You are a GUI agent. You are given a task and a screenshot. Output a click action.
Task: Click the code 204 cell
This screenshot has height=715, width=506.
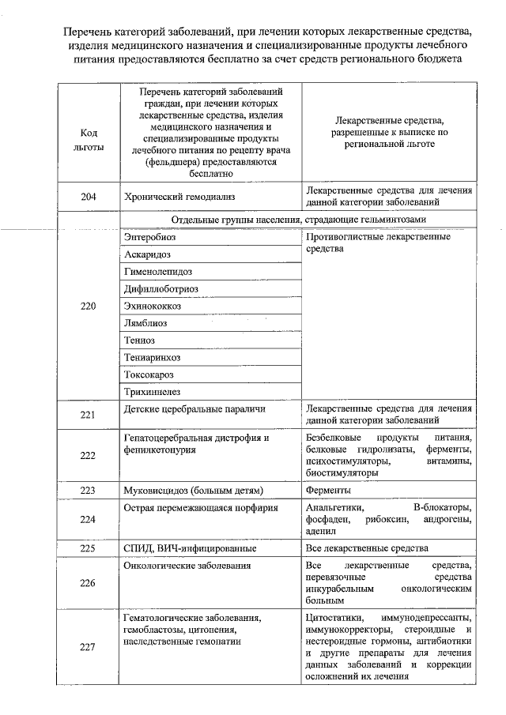pyautogui.click(x=88, y=197)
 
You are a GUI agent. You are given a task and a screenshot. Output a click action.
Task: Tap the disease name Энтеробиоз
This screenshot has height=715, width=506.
pyautogui.click(x=150, y=237)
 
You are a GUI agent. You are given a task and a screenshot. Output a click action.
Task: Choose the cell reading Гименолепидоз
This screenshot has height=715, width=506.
pyautogui.click(x=157, y=272)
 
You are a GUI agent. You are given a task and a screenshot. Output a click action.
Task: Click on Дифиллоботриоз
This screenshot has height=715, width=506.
pyautogui.click(x=161, y=289)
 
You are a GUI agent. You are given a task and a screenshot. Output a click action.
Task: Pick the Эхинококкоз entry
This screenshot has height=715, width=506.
pyautogui.click(x=153, y=307)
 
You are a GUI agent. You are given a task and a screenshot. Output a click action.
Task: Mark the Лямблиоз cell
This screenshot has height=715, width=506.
pyautogui.click(x=145, y=324)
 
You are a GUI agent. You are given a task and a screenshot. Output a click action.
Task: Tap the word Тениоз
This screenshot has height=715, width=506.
pyautogui.click(x=140, y=341)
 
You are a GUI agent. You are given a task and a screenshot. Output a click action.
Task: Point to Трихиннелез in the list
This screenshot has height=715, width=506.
pyautogui.click(x=152, y=392)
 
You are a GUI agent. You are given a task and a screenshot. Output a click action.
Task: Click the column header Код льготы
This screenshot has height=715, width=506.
pyautogui.click(x=88, y=139)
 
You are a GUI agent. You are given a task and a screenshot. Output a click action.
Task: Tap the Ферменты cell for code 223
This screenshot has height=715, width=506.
pyautogui.click(x=328, y=491)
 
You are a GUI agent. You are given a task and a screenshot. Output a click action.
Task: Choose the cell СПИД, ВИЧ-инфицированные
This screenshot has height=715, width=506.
pyautogui.click(x=190, y=548)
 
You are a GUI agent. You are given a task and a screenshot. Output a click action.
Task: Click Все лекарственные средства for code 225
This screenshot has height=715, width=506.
pyautogui.click(x=367, y=548)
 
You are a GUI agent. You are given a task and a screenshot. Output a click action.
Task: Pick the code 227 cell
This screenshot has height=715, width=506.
pyautogui.click(x=88, y=648)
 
